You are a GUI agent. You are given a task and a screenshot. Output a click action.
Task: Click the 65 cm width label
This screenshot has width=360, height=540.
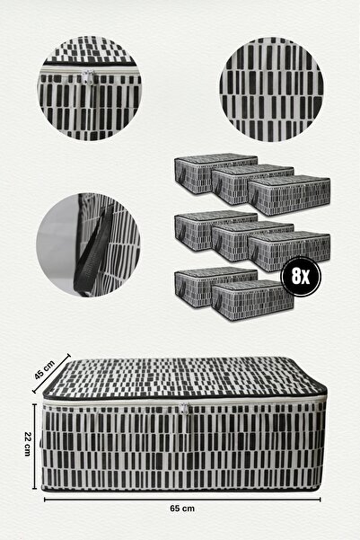182,509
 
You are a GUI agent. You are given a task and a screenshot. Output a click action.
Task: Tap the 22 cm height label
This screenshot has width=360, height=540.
28,444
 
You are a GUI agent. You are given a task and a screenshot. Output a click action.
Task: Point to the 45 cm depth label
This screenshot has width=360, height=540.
44,370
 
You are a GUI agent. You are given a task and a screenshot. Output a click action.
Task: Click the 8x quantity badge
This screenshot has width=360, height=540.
301,276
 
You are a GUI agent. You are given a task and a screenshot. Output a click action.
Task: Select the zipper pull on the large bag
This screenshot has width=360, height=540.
184,409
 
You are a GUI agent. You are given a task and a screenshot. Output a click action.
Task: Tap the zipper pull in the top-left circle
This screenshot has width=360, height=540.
89,76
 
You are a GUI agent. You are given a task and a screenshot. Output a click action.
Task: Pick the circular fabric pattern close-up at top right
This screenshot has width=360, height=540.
271,89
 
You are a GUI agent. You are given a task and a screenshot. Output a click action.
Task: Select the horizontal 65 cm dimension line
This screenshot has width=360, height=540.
182,500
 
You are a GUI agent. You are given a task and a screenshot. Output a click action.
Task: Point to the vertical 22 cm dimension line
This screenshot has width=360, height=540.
34,447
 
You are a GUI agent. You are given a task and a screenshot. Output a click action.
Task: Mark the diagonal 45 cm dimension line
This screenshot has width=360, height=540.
51,373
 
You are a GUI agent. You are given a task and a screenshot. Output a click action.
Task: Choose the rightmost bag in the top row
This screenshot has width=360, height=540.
289,195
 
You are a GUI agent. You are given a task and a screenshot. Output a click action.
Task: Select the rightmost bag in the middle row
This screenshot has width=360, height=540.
289,252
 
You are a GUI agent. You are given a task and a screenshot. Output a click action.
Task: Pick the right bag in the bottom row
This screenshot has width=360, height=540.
252,299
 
